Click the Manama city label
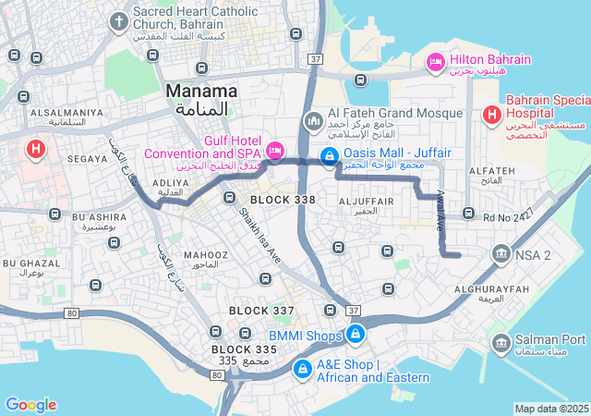tap(201, 92)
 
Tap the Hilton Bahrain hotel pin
tap(434, 61)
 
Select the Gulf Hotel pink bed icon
tap(274, 150)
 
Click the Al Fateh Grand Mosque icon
tap(313, 121)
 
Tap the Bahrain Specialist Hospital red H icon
tap(490, 116)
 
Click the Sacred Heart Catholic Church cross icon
tap(118, 20)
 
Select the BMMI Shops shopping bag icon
tap(355, 334)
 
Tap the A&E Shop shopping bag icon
tap(302, 369)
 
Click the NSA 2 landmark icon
tap(501, 253)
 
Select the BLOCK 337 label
tap(261, 310)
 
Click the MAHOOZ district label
tap(205, 255)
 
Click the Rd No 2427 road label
tap(508, 217)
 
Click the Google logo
tap(30, 404)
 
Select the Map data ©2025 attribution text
tap(551, 409)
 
